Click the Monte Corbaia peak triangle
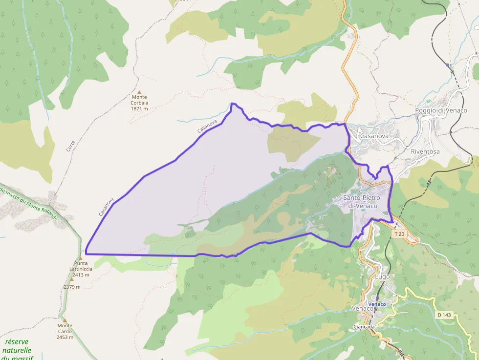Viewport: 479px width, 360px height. click(139, 92)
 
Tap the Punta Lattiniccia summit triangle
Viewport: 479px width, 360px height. click(79, 258)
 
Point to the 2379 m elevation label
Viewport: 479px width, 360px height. click(71, 287)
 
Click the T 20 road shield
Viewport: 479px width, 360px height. click(399, 234)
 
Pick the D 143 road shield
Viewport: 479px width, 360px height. click(444, 315)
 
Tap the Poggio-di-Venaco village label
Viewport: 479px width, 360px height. click(441, 110)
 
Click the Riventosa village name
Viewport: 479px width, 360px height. click(425, 151)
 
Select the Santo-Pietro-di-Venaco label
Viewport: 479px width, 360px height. click(362, 202)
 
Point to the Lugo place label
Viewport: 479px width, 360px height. click(382, 276)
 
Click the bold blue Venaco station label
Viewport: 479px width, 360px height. click(377, 304)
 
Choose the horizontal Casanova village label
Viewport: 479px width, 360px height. click(374, 136)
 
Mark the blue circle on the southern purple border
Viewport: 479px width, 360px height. click(174, 254)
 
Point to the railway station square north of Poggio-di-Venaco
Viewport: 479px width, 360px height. click(447, 64)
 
